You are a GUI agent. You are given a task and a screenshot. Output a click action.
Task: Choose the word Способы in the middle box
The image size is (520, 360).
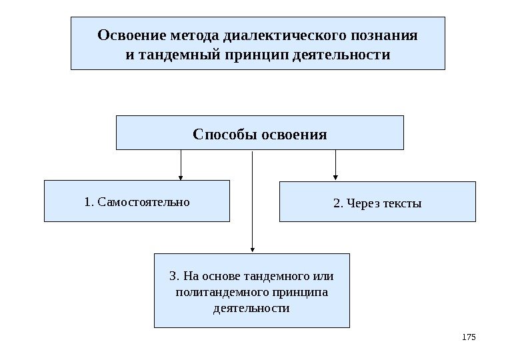point(220,134)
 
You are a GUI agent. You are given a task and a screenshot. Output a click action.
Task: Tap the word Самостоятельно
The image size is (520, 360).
point(143,201)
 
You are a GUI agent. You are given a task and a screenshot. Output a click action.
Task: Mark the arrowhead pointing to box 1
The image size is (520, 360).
point(181,177)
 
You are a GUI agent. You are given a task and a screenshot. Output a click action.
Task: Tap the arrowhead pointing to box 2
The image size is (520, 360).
point(335,178)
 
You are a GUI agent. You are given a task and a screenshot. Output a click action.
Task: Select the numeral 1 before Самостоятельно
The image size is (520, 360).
point(89,201)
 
